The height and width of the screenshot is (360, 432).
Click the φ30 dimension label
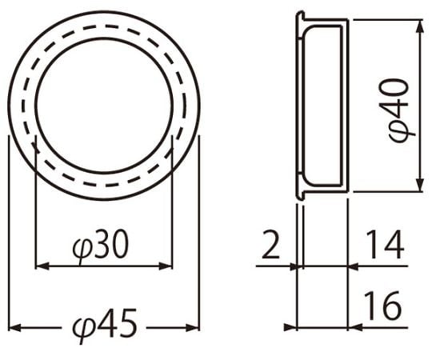click(101, 245)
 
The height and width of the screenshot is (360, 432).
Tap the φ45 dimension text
click(105, 324)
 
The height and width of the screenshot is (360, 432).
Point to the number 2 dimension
click(271, 245)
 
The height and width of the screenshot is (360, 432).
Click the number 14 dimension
click(386, 245)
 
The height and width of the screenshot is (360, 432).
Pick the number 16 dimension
click(382, 306)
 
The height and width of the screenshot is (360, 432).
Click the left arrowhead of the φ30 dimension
click(42, 266)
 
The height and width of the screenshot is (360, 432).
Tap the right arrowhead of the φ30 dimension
click(166, 266)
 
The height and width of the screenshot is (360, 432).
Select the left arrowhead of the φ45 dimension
click(15, 328)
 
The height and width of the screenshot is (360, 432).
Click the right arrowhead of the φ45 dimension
click(193, 328)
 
